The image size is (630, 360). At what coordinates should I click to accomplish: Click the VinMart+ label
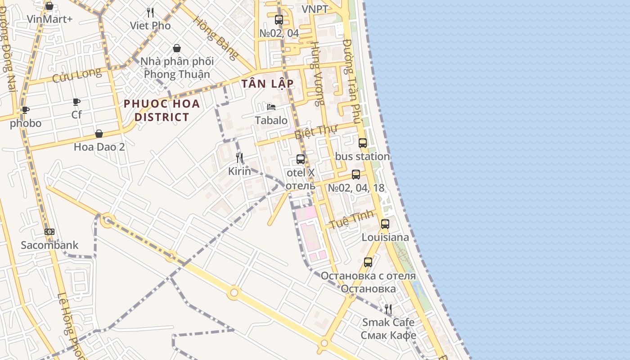pyautogui.click(x=49, y=19)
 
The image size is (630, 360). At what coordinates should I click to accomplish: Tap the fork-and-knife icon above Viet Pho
pyautogui.click(x=150, y=13)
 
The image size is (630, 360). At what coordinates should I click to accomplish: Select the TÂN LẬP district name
pyautogui.click(x=267, y=84)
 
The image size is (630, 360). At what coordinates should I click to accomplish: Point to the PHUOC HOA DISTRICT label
pyautogui.click(x=162, y=110)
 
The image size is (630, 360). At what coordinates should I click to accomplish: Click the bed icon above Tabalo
pyautogui.click(x=271, y=107)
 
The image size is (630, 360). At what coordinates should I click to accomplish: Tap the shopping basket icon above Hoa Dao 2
pyautogui.click(x=99, y=134)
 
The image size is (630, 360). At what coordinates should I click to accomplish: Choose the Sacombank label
pyautogui.click(x=49, y=245)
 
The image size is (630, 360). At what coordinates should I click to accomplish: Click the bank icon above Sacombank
pyautogui.click(x=49, y=232)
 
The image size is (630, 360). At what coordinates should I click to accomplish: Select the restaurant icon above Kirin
pyautogui.click(x=239, y=157)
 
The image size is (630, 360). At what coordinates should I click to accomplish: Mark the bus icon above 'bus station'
pyautogui.click(x=363, y=143)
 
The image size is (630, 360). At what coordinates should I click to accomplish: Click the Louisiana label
pyautogui.click(x=385, y=237)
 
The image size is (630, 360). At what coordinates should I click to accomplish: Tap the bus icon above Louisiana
pyautogui.click(x=385, y=224)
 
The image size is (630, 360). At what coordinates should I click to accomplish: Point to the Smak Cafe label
pyautogui.click(x=388, y=322)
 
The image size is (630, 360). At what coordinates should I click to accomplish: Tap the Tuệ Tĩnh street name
pyautogui.click(x=352, y=219)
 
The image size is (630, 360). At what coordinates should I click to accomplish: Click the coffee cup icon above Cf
pyautogui.click(x=76, y=102)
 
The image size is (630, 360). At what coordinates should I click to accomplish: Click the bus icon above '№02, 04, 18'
pyautogui.click(x=356, y=175)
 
